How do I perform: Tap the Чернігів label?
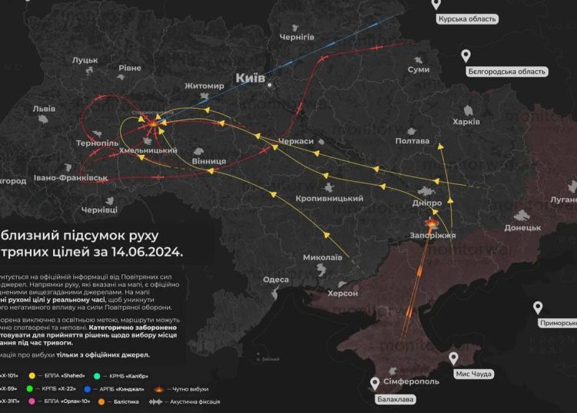pyautogui.click(x=297, y=36)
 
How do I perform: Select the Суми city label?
pyautogui.click(x=419, y=69)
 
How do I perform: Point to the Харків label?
pyautogui.click(x=466, y=122)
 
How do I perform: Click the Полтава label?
pyautogui.click(x=412, y=141)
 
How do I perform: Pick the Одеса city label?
pyautogui.click(x=276, y=280)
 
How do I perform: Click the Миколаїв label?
pyautogui.click(x=322, y=257)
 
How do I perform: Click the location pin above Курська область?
pyautogui.click(x=436, y=5)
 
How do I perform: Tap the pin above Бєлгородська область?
pyautogui.click(x=465, y=55)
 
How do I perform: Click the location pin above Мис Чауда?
pyautogui.click(x=454, y=358)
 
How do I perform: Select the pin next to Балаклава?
pyautogui.click(x=375, y=383)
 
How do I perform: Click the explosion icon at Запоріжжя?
pyautogui.click(x=430, y=223)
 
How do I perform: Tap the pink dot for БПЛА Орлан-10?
pyautogui.click(x=31, y=401)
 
